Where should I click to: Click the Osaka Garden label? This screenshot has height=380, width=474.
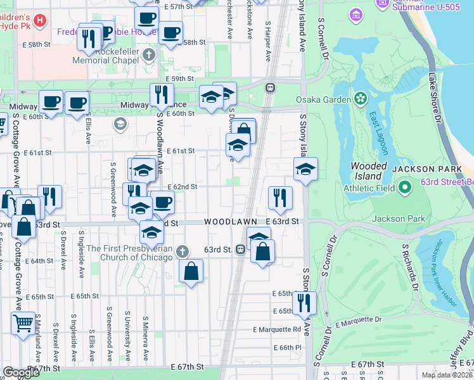(x=323, y=99)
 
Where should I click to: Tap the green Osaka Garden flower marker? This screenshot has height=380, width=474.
(x=360, y=99)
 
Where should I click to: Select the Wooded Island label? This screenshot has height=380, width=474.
(x=369, y=171)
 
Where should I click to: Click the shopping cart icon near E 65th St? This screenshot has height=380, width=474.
(x=23, y=323)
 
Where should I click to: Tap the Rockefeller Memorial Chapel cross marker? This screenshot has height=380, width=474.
(x=149, y=54)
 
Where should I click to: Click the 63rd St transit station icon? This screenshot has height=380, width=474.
(x=241, y=250)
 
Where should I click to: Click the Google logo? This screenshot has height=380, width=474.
(x=21, y=372)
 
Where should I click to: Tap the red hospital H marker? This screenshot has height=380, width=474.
(x=40, y=21)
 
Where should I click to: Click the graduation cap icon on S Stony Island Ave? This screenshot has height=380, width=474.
(x=305, y=169)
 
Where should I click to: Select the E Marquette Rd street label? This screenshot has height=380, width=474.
(x=277, y=329)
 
